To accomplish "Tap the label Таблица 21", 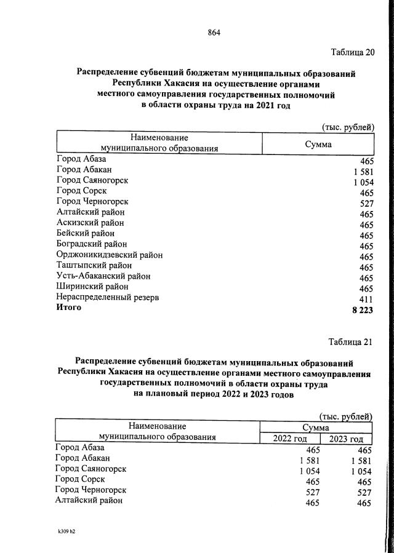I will pos(351,342).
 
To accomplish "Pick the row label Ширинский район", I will pos(92,287).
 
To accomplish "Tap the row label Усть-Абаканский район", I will pos(103,276).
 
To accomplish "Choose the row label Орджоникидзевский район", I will pos(109,255).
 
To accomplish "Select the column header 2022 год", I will pos(290,439).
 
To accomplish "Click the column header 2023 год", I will pos(347,439).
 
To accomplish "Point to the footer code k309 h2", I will pos(62,531).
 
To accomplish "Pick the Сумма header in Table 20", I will pos(318,144).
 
